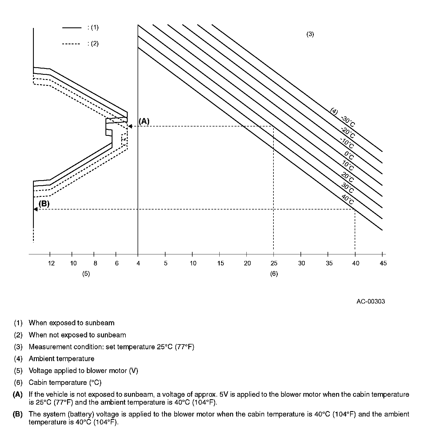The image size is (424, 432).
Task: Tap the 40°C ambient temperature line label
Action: tap(347, 199)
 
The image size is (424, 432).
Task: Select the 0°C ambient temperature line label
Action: tap(349, 155)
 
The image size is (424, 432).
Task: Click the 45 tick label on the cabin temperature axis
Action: tap(383, 263)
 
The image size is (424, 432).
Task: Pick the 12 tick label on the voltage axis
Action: tap(51, 263)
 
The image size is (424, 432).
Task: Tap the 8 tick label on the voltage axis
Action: tap(95, 263)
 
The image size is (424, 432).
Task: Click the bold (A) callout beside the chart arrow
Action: tap(144, 121)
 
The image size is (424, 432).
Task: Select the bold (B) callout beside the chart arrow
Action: tap(44, 204)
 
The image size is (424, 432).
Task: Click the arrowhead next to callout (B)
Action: tap(36, 209)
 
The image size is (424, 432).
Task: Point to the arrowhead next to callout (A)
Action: tap(130, 126)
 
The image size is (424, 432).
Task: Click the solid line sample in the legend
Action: tap(72, 28)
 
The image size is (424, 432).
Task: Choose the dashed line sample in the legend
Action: tap(71, 44)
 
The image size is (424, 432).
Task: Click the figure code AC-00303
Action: tap(370, 301)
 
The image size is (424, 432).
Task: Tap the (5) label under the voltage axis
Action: tap(86, 273)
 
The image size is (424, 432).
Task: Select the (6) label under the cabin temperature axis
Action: tap(274, 273)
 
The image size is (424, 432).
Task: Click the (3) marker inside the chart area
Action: tap(310, 34)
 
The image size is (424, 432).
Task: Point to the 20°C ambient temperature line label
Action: tap(347, 177)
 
